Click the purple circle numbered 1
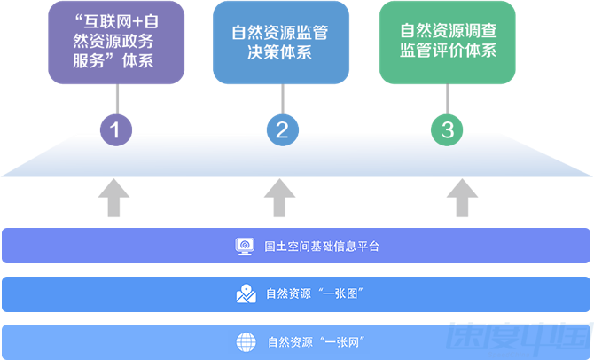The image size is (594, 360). pyautogui.click(x=115, y=131)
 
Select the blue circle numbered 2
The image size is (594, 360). pyautogui.click(x=281, y=131)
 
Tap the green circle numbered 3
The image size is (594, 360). pyautogui.click(x=448, y=131)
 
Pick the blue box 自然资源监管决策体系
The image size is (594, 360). pyautogui.click(x=280, y=43)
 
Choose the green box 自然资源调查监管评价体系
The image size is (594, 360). pyautogui.click(x=447, y=43)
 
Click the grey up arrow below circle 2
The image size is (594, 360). pyautogui.click(x=281, y=198)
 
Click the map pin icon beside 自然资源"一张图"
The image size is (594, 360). pyautogui.click(x=246, y=293)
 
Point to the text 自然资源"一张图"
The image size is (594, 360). pyautogui.click(x=316, y=293)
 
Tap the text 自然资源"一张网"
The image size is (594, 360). pyautogui.click(x=317, y=341)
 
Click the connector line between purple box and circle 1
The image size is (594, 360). pyautogui.click(x=115, y=98)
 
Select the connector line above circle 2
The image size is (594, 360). pyautogui.click(x=281, y=98)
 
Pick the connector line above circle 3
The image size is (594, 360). pyautogui.click(x=448, y=98)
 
